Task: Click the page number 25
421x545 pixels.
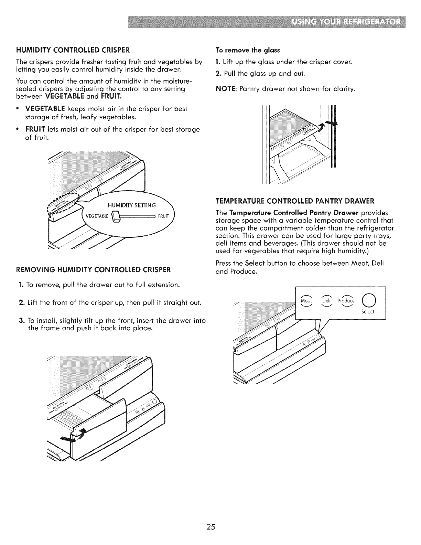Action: (x=210, y=517)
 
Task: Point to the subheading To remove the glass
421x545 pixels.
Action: (x=248, y=50)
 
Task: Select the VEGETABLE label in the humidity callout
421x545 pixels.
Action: (x=97, y=216)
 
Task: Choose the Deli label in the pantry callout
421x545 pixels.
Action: (x=326, y=301)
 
